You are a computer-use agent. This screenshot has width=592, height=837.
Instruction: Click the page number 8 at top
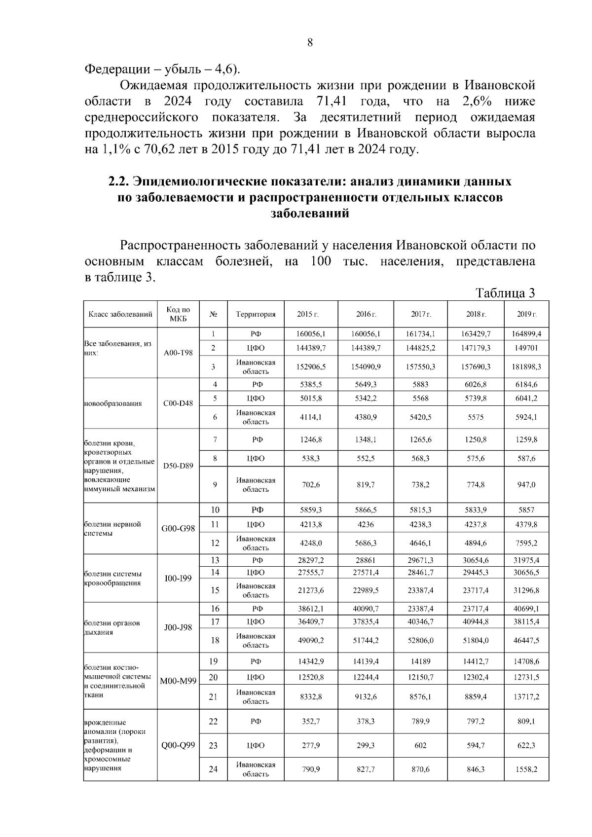(x=310, y=43)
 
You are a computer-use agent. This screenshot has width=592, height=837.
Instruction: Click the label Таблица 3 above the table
(x=505, y=293)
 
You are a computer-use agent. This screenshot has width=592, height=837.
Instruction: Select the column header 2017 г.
(x=421, y=314)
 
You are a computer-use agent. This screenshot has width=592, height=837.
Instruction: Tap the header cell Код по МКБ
(x=178, y=314)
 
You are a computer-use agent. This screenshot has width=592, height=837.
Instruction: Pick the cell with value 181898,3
(x=526, y=367)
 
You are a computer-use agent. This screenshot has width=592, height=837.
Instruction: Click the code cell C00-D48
(x=178, y=403)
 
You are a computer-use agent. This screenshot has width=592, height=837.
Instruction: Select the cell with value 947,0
(x=526, y=485)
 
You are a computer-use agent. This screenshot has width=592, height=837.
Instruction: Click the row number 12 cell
(x=215, y=543)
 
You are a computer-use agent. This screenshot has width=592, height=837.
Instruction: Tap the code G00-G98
(x=178, y=528)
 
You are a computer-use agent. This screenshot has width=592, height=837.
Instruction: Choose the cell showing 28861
(x=366, y=560)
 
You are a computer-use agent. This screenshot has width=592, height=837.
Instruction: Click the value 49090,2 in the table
(x=311, y=641)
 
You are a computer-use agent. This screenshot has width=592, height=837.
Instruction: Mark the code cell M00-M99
(x=178, y=681)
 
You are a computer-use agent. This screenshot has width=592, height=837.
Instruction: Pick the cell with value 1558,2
(x=526, y=769)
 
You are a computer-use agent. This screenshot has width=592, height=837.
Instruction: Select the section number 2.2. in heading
(x=118, y=182)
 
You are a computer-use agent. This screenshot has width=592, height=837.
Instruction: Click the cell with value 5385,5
(x=311, y=384)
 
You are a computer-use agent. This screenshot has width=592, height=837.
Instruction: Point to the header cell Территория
(x=256, y=314)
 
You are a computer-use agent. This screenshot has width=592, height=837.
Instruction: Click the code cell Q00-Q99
(x=178, y=745)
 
